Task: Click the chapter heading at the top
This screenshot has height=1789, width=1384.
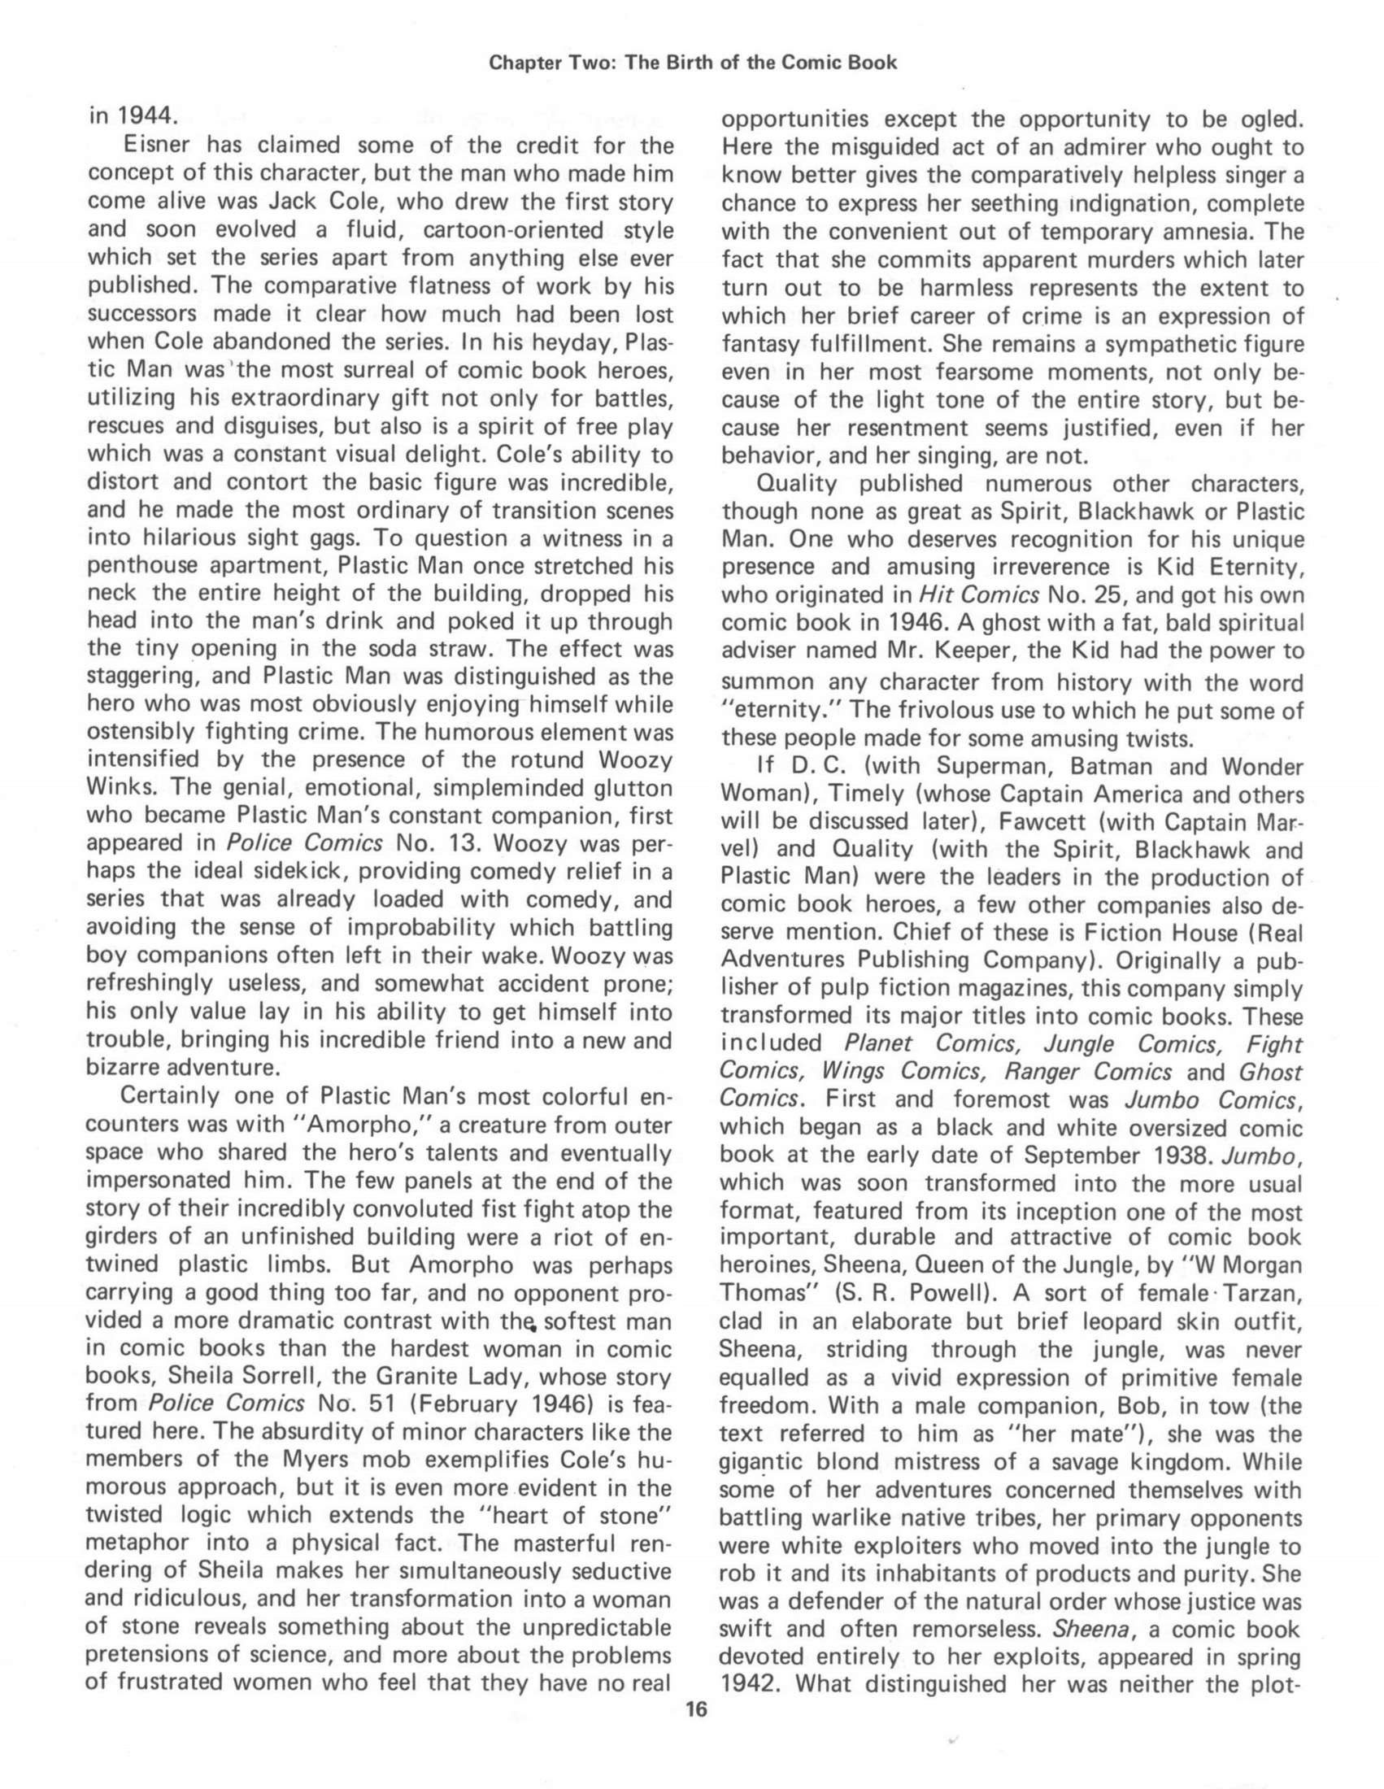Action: (693, 63)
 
